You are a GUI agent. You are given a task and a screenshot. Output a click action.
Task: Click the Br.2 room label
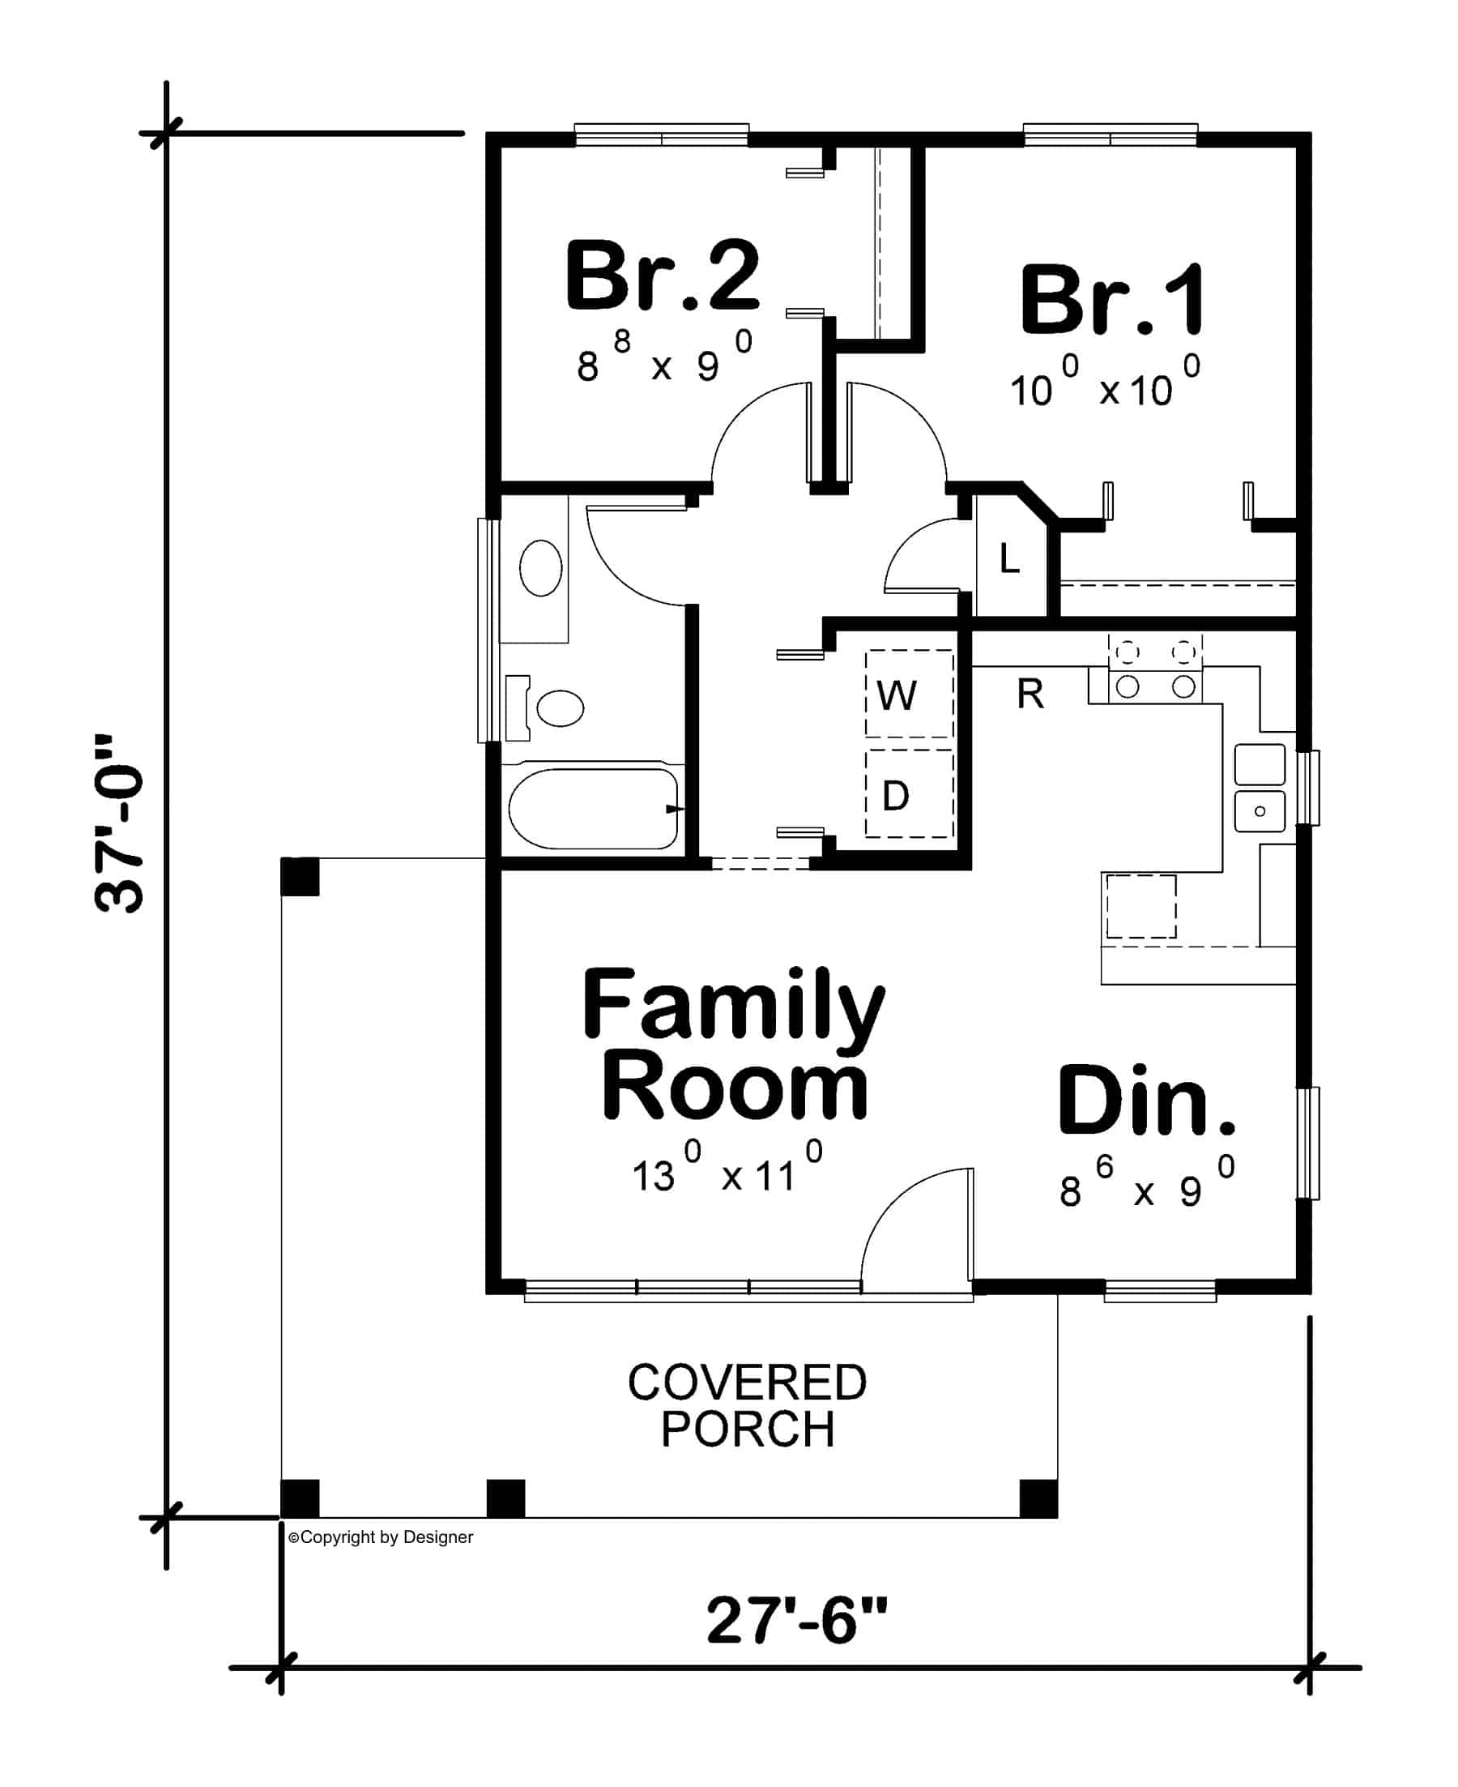click(663, 276)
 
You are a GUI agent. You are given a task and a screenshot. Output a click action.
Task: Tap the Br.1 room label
click(1113, 300)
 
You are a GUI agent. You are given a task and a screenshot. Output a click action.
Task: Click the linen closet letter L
click(1009, 558)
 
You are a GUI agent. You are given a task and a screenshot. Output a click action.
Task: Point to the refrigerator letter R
click(1030, 694)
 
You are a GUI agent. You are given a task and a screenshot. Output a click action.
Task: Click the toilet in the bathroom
click(550, 708)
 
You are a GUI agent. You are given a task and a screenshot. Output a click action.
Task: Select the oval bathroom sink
click(541, 569)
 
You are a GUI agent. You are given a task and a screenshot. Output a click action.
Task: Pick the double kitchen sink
click(1259, 787)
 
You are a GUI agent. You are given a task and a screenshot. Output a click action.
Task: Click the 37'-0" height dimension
click(118, 824)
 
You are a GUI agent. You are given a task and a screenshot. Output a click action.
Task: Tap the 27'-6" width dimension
click(795, 1622)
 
